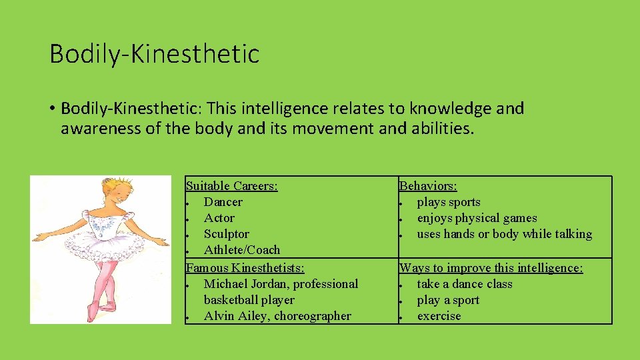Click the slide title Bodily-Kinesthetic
click(154, 54)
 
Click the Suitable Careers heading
click(231, 186)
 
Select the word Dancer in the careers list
click(223, 202)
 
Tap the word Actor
click(219, 218)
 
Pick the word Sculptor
click(226, 234)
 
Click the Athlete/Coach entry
click(241, 250)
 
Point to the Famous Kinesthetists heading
click(245, 268)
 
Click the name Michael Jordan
click(245, 284)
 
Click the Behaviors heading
click(427, 186)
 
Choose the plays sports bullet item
click(448, 202)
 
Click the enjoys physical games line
click(477, 218)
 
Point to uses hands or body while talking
click(504, 234)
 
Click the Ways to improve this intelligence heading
click(491, 268)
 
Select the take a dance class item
click(464, 284)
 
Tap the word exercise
click(439, 316)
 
